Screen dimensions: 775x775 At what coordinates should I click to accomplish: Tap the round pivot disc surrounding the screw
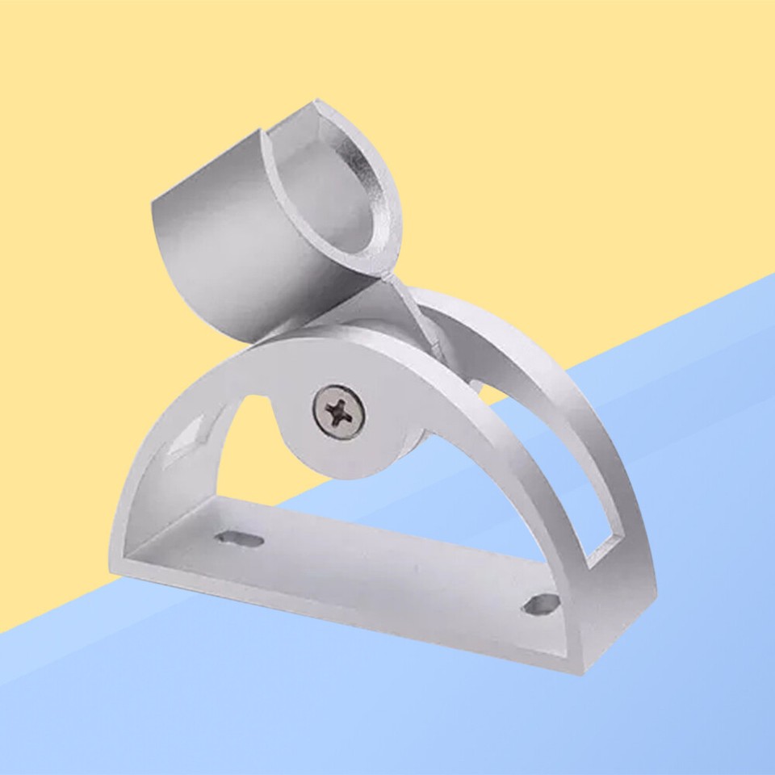click(311, 448)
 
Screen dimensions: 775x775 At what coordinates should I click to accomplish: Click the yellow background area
click(565, 121)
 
